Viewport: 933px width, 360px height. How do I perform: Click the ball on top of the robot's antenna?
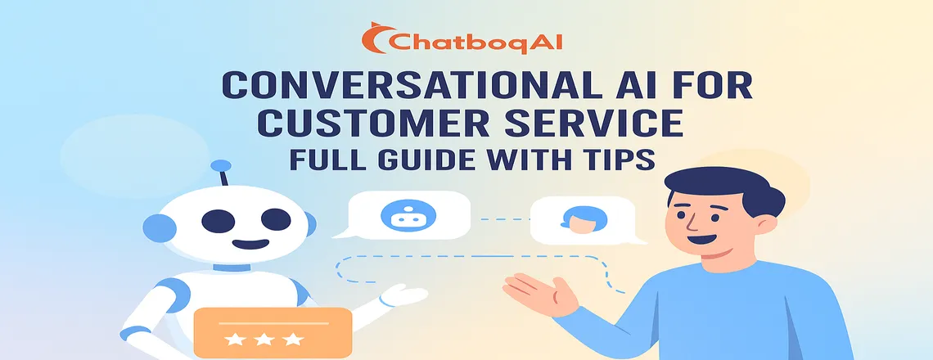point(220,167)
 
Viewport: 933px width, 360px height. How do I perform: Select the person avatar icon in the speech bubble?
point(578,218)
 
